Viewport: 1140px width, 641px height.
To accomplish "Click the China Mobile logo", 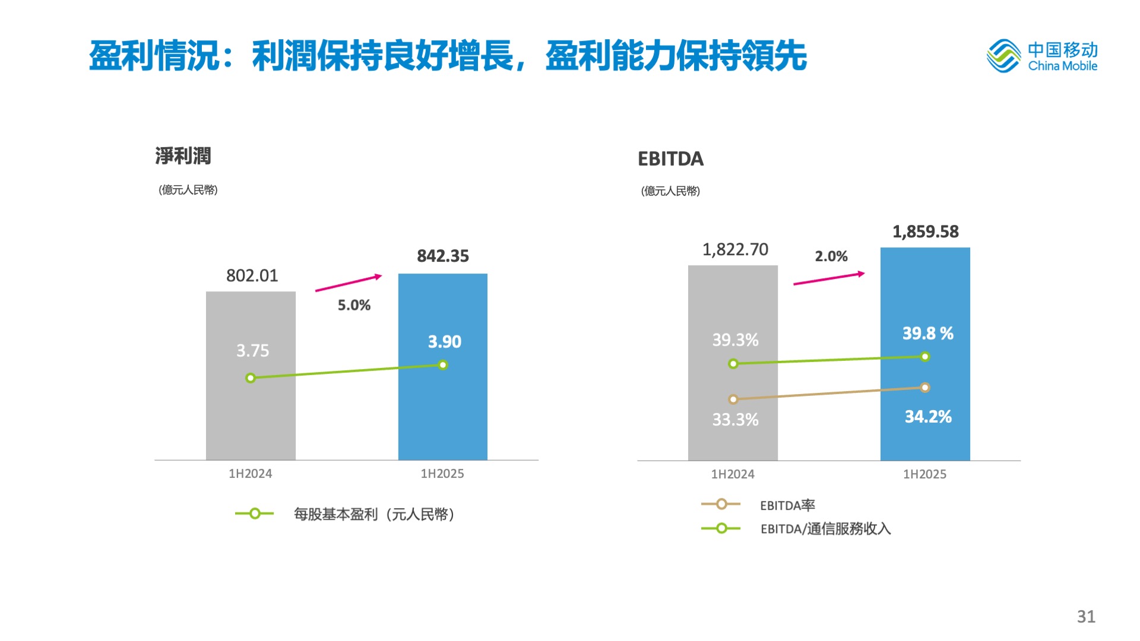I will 1041,56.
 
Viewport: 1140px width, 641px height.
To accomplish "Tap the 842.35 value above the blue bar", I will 443,256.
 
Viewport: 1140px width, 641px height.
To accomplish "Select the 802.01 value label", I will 252,275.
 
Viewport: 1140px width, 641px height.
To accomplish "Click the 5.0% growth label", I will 354,305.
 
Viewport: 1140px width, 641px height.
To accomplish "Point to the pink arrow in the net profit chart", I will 349,283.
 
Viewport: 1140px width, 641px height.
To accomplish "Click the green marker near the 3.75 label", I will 251,378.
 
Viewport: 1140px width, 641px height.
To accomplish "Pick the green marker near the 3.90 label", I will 443,365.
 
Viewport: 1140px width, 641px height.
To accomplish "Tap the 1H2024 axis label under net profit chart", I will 250,474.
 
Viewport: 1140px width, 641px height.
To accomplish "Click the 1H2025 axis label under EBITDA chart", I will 924,474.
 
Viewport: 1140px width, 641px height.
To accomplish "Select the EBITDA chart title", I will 670,159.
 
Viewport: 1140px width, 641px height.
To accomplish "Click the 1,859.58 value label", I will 926,231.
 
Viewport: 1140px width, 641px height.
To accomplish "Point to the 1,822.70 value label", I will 735,249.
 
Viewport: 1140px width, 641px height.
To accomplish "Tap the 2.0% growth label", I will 831,256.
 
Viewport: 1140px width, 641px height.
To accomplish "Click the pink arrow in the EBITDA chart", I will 829,278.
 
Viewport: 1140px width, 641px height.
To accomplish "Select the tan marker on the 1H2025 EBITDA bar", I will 925,388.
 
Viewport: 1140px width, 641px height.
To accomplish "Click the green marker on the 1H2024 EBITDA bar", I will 733,364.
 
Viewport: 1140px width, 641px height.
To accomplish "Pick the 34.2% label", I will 928,417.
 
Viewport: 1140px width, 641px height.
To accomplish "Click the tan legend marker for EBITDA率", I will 721,504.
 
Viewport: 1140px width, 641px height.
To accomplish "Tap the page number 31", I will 1086,617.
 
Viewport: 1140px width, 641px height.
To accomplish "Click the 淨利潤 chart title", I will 183,156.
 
